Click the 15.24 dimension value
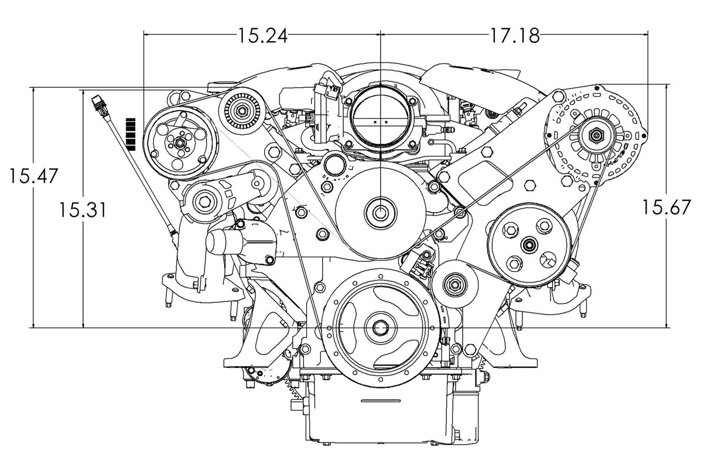click(262, 36)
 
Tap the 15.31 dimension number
click(82, 209)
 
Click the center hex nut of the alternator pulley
click(596, 136)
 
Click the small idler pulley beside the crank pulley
click(453, 285)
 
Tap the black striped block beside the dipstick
click(131, 134)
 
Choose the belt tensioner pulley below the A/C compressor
click(203, 201)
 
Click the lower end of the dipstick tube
click(173, 234)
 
